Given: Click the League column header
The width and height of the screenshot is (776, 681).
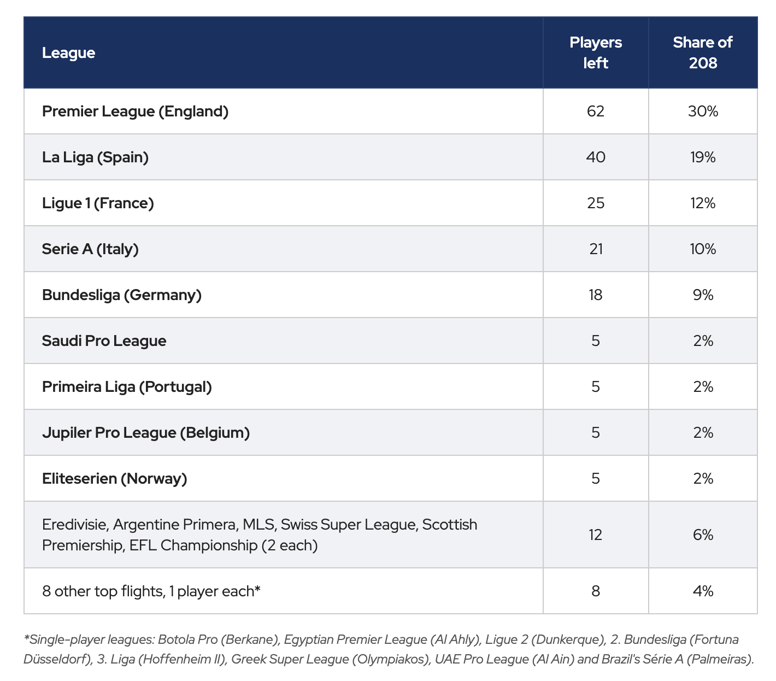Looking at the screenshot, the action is coord(68,53).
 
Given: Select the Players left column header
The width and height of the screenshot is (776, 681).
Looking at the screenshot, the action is coord(595,52).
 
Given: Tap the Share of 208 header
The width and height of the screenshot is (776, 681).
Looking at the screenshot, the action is coord(702,52).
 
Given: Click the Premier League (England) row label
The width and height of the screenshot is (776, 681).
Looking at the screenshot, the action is coord(135,111).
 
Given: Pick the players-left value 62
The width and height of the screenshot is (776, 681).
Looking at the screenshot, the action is coord(595,111).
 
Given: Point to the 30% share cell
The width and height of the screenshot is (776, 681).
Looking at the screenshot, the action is coord(702,111).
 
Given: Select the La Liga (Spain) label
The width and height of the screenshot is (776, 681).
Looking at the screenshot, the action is coord(96,157).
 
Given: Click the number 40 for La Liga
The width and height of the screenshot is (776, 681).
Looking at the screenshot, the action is coord(595,157).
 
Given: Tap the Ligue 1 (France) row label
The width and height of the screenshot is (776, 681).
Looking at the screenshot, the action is coord(98,203).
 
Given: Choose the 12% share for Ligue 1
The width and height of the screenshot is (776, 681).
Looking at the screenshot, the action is coord(702,203).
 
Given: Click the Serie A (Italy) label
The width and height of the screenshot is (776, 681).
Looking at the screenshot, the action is coord(90,249).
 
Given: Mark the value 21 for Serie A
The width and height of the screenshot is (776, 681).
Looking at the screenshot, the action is coord(595,249).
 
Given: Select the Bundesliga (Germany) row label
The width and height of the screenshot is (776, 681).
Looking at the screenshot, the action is coord(122,295).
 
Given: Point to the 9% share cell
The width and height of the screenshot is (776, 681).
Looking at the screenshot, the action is coord(702,295).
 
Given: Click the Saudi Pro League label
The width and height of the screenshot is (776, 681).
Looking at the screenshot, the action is coord(104,341).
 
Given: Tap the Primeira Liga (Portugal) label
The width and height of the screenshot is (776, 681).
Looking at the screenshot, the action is coord(127,387).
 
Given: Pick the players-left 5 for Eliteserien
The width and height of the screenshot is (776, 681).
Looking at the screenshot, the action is coord(595,478).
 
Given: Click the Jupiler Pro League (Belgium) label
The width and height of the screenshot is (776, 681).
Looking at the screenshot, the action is coord(146,433).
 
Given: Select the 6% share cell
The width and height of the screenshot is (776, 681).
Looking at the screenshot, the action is coord(702,535).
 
